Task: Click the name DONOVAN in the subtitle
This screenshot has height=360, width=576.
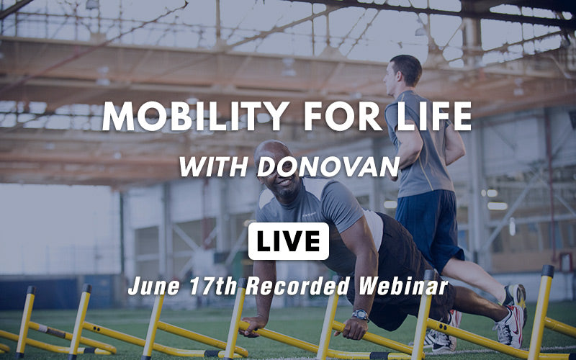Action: pyautogui.click(x=328, y=167)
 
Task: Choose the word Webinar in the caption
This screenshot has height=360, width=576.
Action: pyautogui.click(x=403, y=286)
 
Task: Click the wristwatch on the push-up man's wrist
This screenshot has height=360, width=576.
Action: pyautogui.click(x=360, y=315)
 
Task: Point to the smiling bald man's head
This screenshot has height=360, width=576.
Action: pyautogui.click(x=277, y=169)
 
